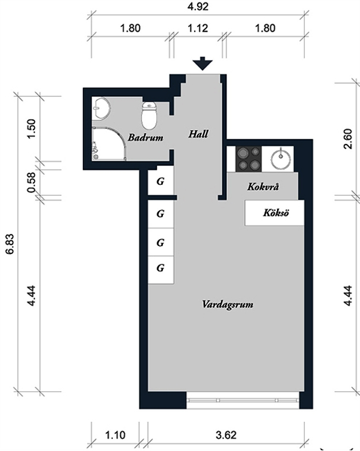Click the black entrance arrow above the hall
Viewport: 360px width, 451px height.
[202, 63]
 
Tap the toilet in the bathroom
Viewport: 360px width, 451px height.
[149, 115]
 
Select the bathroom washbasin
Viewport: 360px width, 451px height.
[101, 108]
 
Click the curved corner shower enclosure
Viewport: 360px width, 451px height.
[109, 143]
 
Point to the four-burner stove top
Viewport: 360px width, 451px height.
[248, 158]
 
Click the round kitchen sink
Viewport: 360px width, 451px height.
[281, 159]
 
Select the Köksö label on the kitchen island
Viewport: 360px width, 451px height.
[276, 213]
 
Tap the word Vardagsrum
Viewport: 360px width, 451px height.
[228, 305]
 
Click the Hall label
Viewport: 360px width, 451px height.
[198, 134]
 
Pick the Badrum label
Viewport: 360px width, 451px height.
[146, 138]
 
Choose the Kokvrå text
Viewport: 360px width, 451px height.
[263, 187]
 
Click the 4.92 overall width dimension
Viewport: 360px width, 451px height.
[198, 6]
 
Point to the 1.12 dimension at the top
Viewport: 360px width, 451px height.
[198, 28]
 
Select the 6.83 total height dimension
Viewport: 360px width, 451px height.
[9, 244]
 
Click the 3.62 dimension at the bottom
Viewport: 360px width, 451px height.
[226, 435]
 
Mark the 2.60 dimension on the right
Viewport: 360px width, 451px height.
[348, 139]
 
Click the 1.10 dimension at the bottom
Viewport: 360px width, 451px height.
[115, 435]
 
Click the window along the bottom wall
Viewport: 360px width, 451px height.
[243, 400]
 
